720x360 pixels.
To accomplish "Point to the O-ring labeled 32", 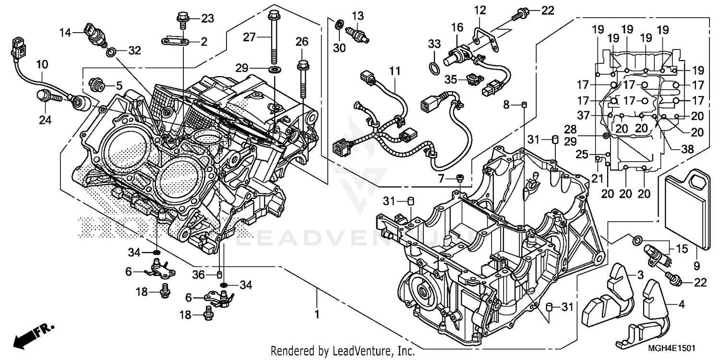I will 111,51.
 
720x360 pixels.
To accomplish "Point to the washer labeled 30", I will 339,24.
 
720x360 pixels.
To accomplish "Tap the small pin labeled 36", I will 219,275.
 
